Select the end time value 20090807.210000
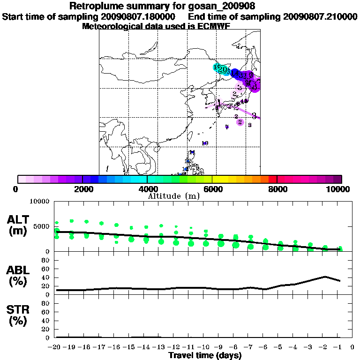click(x=320, y=16)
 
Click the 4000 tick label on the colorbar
click(x=147, y=189)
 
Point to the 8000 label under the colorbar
click(x=277, y=189)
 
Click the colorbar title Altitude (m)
click(x=174, y=196)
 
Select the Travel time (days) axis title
click(x=205, y=356)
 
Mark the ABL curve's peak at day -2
click(x=324, y=277)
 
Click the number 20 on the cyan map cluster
click(x=222, y=70)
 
